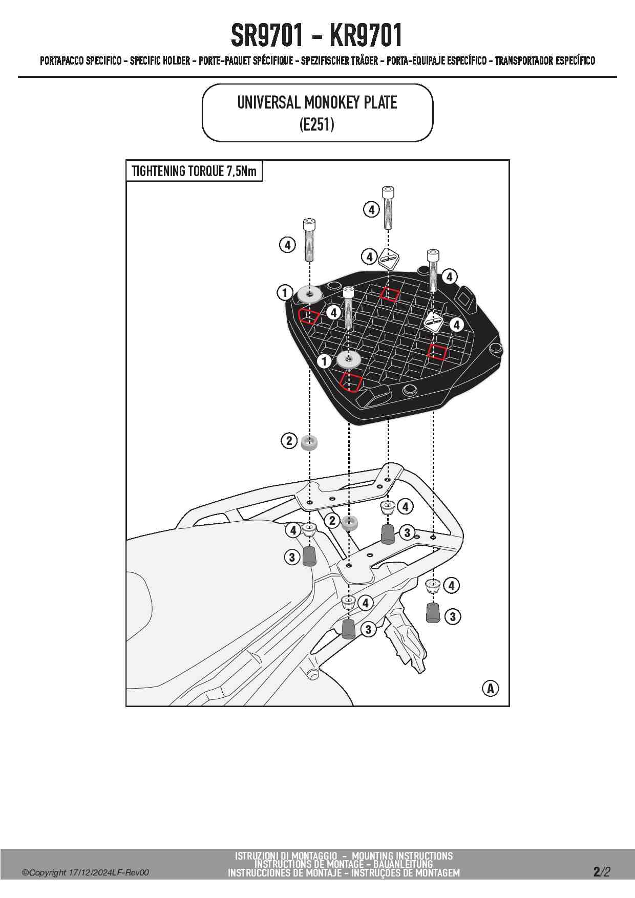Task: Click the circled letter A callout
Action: [490, 688]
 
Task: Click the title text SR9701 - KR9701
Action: [316, 35]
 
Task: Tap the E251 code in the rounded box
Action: [317, 124]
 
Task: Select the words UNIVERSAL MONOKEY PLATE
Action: [317, 102]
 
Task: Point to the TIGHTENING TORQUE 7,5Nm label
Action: [194, 171]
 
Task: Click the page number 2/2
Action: [602, 871]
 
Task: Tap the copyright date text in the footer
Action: [86, 872]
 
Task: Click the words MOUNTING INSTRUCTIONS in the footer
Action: [402, 856]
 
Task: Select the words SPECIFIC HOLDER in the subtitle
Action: [160, 61]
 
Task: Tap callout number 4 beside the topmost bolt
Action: [371, 209]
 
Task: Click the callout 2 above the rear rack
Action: [289, 440]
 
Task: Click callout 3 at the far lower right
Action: [452, 616]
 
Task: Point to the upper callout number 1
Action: [285, 293]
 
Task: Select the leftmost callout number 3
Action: [292, 557]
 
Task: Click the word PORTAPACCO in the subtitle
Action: [61, 61]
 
